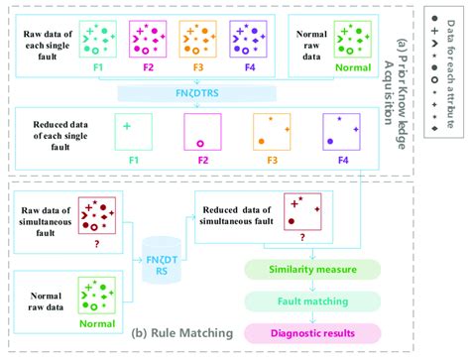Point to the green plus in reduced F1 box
pos(127,126)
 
